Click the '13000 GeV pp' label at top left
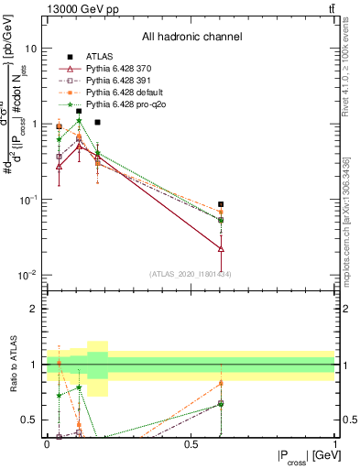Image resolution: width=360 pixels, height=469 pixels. pyautogui.click(x=80, y=8)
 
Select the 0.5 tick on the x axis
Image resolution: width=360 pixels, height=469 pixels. pyautogui.click(x=191, y=444)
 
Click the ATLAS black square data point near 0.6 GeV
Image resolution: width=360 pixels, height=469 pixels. pyautogui.click(x=221, y=204)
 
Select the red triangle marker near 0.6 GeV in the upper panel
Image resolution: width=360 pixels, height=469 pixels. pyautogui.click(x=221, y=248)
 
